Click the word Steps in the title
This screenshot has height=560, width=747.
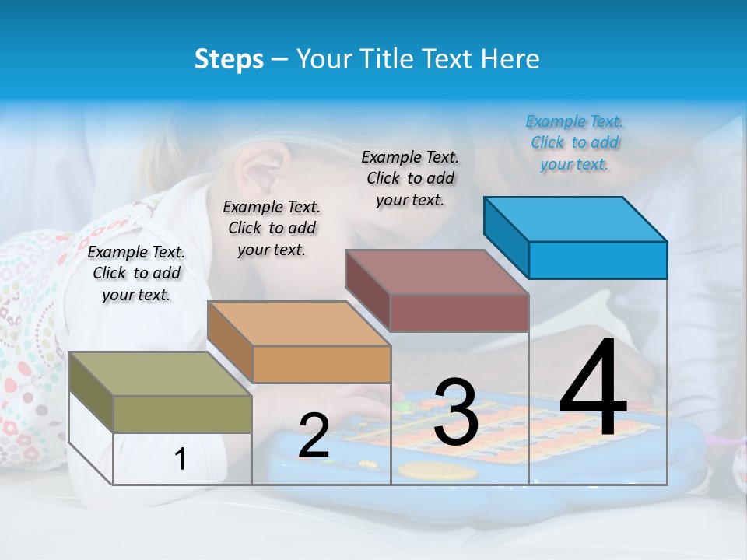pyautogui.click(x=229, y=59)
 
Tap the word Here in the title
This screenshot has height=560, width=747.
pyautogui.click(x=510, y=59)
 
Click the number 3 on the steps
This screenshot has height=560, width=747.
pyautogui.click(x=455, y=413)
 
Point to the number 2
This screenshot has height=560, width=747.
pyautogui.click(x=314, y=436)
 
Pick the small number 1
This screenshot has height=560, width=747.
pyautogui.click(x=181, y=459)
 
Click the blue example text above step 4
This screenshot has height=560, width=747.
pyautogui.click(x=574, y=142)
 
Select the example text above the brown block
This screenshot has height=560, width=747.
pyautogui.click(x=410, y=178)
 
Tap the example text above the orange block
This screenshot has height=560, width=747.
pyautogui.click(x=272, y=228)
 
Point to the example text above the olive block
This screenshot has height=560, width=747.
pyautogui.click(x=136, y=273)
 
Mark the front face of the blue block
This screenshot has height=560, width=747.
pyautogui.click(x=598, y=260)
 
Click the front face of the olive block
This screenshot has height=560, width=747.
pyautogui.click(x=182, y=414)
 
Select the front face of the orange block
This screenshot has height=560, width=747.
pyautogui.click(x=321, y=364)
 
